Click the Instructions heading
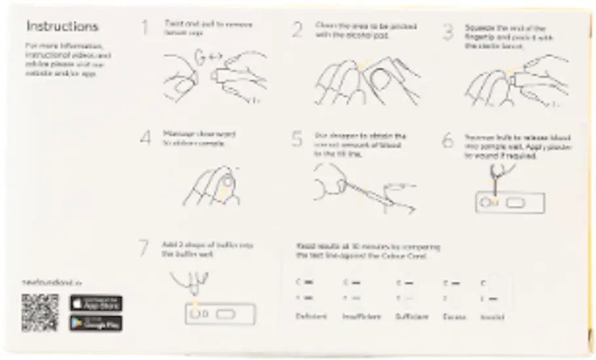[62, 27]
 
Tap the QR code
[39, 312]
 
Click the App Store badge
[96, 303]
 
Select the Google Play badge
[96, 323]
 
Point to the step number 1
[145, 27]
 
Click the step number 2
[297, 29]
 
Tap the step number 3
[448, 31]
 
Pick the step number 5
[297, 139]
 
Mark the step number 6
[448, 141]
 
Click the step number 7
[145, 248]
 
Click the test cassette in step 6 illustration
[509, 203]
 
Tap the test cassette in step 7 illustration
[220, 314]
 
